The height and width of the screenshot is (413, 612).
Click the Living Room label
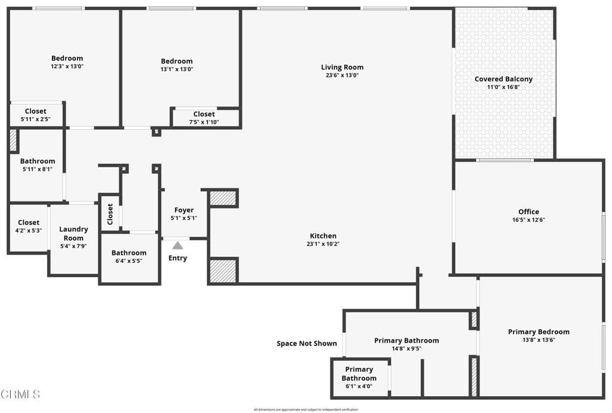coord(342,67)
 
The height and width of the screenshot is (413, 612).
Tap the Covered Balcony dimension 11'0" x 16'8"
coord(503,87)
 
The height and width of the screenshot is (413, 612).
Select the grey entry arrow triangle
coord(178,245)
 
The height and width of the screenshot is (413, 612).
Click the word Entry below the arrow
coord(178,258)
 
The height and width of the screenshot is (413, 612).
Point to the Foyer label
coord(183,210)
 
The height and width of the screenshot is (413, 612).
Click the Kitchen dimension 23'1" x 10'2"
coord(323,244)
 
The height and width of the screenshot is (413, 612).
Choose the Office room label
coord(528,212)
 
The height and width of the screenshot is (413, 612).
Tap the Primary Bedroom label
coord(538,332)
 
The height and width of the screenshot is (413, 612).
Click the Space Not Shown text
coord(307,344)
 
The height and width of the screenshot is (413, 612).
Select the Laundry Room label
coord(74,233)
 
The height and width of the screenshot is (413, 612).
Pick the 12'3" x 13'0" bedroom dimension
coord(67,66)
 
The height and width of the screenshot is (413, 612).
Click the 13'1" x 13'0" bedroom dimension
coord(177,69)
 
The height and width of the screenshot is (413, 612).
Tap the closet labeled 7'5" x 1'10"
coord(204,114)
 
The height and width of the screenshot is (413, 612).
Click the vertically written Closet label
coord(110,214)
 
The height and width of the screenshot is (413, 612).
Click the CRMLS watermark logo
coord(20,394)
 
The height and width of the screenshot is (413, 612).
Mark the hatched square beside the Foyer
coord(224,198)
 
